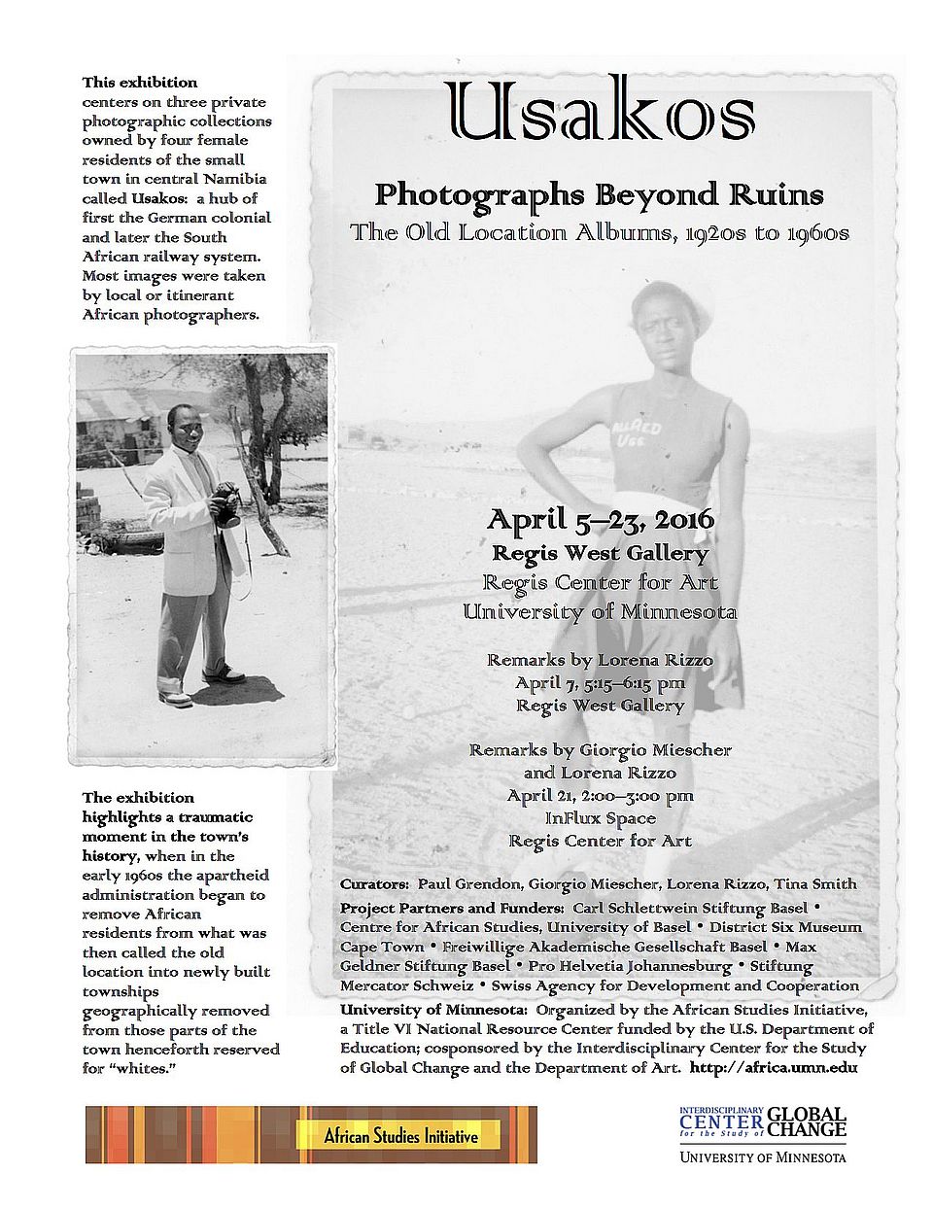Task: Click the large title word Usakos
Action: [600, 111]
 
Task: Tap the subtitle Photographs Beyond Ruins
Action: [599, 194]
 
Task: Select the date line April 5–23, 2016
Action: [600, 520]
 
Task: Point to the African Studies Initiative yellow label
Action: [400, 1135]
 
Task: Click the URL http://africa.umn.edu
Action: [774, 1067]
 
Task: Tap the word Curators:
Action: [374, 883]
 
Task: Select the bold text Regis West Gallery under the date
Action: [600, 553]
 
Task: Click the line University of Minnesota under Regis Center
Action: [600, 611]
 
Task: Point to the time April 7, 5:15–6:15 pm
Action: [600, 682]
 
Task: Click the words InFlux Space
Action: [600, 818]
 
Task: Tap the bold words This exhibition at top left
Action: [140, 83]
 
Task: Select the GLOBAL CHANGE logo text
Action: [807, 1122]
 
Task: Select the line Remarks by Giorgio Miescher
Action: [600, 749]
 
